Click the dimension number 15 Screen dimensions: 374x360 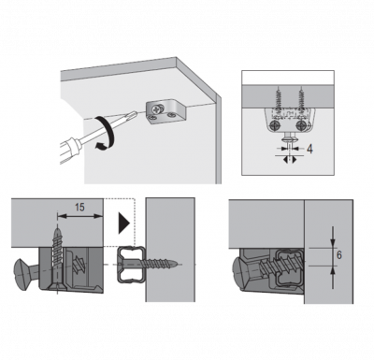coord(79,207)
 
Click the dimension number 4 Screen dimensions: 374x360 coord(309,150)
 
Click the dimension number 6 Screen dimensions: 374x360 coord(339,255)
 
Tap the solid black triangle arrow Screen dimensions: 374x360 coord(123,223)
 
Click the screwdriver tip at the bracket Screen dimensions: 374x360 coord(134,114)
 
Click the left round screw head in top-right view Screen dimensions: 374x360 coord(275,125)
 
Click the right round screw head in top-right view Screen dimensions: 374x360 coord(301,125)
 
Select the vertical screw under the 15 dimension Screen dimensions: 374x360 coord(58,259)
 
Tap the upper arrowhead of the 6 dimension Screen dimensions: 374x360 coord(333,243)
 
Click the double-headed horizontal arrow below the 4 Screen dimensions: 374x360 coord(290,160)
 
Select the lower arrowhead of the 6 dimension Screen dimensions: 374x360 coord(333,270)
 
